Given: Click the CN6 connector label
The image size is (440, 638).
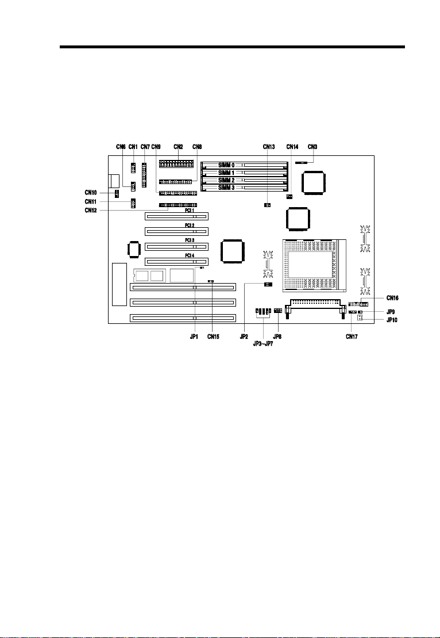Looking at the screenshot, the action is coord(120,147).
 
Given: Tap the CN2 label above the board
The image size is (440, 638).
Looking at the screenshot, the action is coord(178,147).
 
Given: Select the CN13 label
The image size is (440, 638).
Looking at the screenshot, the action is coord(268,147).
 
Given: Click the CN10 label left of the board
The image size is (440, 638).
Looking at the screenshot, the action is coord(91,193).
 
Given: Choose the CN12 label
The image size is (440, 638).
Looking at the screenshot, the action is coord(91,211).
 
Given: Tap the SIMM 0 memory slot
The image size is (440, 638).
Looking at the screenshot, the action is coord(245,165).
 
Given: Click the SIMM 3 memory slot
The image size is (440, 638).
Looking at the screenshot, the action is coord(245,188).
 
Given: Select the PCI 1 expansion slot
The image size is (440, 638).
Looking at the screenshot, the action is coord(176,217).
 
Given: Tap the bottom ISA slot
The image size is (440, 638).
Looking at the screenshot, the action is coord(183,318).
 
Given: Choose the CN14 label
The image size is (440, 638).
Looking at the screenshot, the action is coord(292,147).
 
